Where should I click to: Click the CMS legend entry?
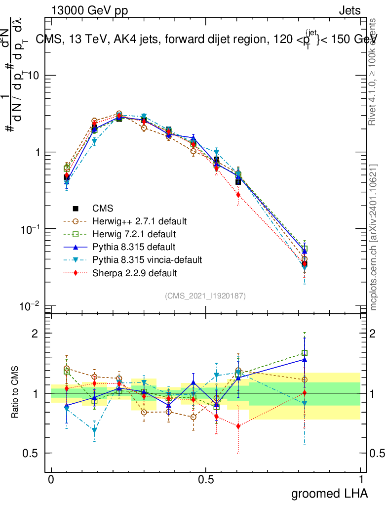[x=102, y=209]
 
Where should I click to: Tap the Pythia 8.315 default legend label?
[x=134, y=246]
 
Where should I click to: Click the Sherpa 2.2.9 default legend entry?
[x=134, y=272]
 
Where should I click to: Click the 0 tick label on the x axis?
[x=51, y=480]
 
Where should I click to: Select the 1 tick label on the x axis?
[x=360, y=480]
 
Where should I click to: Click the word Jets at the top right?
[x=349, y=11]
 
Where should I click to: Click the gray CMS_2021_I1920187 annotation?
[x=205, y=295]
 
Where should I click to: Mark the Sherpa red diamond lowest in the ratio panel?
[x=238, y=426]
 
